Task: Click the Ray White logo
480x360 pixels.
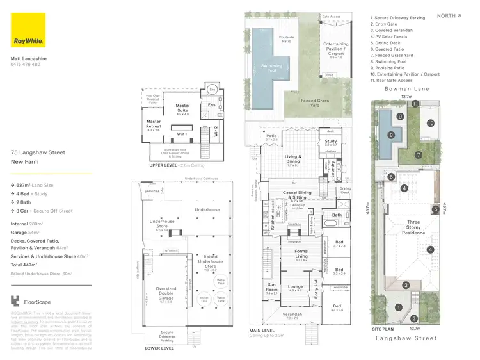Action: [x=28, y=30]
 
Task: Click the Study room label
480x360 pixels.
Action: [x=331, y=143]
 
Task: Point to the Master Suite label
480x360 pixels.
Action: [x=182, y=111]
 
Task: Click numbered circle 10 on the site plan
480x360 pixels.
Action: [x=431, y=122]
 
